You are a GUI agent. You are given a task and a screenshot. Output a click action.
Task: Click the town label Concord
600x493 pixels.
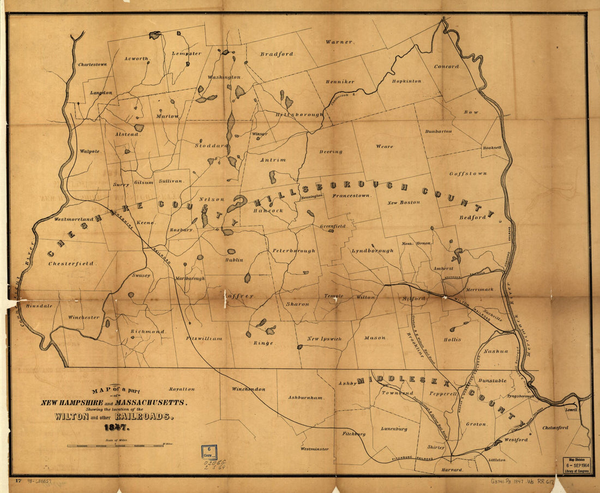point(446,67)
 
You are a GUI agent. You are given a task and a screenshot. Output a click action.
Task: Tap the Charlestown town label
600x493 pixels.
point(92,64)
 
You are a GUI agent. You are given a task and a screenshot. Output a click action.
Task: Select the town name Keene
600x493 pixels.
point(146,223)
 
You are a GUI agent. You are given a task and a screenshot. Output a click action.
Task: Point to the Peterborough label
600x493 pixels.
point(294,251)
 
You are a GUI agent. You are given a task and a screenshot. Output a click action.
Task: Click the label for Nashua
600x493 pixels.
point(495,351)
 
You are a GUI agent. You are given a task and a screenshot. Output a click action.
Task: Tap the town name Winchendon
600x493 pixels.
point(248,389)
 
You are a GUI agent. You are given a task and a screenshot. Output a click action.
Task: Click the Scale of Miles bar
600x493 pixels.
point(115,446)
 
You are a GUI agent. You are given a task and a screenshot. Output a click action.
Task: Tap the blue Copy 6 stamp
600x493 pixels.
point(209,452)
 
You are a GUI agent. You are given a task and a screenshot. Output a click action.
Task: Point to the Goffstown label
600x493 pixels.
point(467,174)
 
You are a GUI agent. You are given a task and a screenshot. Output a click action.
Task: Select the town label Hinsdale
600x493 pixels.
point(39,306)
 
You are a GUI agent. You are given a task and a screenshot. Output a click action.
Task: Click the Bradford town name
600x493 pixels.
point(277,54)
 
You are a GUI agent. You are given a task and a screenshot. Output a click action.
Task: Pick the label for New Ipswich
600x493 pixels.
point(324,339)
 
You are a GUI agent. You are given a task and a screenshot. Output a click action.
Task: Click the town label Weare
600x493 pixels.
point(384,146)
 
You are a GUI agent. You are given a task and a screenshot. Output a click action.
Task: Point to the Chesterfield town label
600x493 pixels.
point(72,263)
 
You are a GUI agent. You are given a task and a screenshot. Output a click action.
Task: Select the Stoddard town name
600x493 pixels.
point(211,146)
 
